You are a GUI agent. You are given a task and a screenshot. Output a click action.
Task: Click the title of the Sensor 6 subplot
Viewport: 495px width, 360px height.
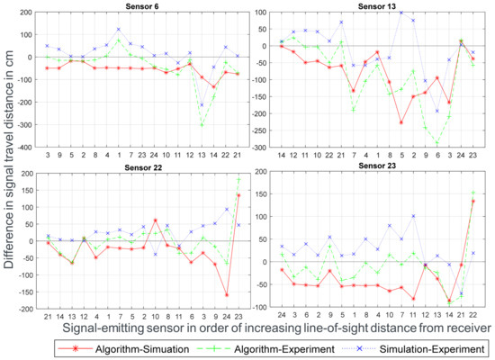tap(143, 5)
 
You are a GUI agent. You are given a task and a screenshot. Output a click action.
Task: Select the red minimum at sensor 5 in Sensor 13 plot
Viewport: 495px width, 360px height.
tap(401, 121)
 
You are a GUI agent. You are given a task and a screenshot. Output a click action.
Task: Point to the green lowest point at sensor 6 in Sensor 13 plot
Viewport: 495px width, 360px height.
tap(437, 143)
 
